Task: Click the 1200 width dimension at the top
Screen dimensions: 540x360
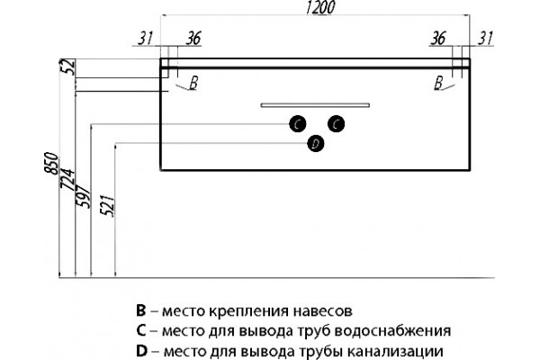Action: [319, 7]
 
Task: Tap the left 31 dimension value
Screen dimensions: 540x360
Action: [145, 38]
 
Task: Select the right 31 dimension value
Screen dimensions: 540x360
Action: [486, 38]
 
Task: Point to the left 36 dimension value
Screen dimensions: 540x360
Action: [193, 38]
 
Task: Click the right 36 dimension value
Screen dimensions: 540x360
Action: [438, 38]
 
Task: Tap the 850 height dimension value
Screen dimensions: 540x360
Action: [51, 163]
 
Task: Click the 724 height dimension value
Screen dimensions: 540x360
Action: [67, 179]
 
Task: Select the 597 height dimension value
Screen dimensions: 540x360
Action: [83, 196]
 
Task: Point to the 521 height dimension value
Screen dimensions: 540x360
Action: [107, 206]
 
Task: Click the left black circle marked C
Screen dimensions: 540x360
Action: [298, 123]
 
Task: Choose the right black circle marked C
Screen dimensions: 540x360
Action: [337, 123]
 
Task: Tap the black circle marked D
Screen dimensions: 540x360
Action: [316, 144]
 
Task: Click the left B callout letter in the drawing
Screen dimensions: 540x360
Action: [193, 83]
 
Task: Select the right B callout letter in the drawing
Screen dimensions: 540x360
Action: [438, 83]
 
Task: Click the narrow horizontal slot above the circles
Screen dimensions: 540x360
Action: [315, 105]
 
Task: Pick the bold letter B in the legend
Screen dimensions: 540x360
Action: [141, 310]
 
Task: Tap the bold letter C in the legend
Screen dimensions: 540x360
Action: [141, 330]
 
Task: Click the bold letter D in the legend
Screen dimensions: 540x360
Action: [141, 351]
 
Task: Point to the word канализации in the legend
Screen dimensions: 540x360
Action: [395, 352]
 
